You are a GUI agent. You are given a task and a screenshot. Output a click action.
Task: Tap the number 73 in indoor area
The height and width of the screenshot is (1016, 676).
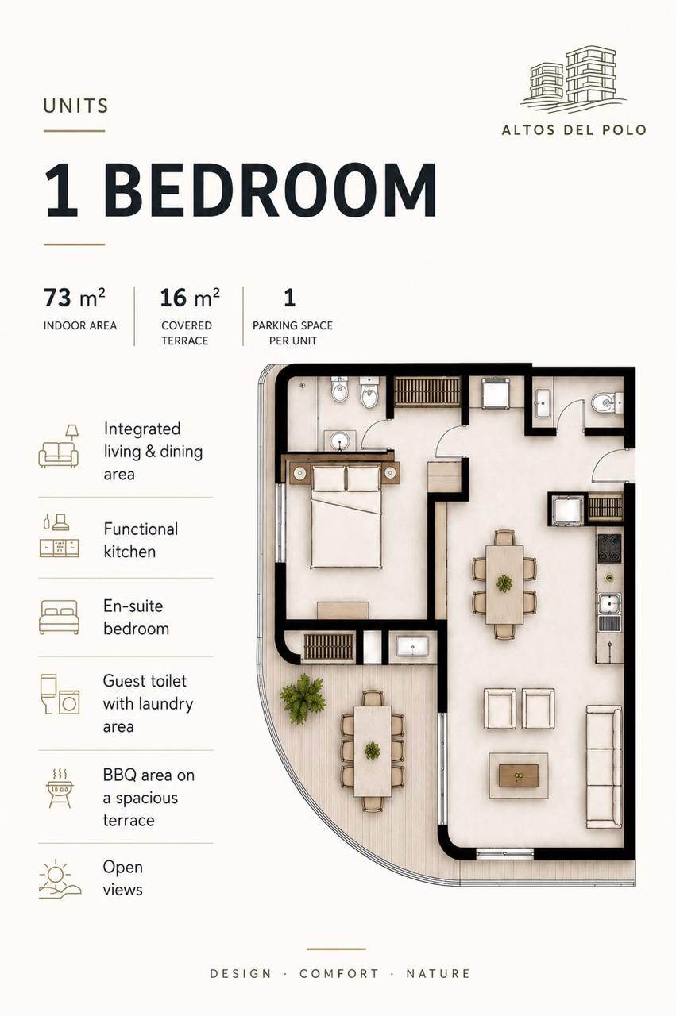pyautogui.click(x=57, y=298)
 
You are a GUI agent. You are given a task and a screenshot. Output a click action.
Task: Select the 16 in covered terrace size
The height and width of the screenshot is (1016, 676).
pyautogui.click(x=173, y=298)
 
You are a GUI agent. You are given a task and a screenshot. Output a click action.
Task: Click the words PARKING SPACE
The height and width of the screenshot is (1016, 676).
pyautogui.click(x=292, y=325)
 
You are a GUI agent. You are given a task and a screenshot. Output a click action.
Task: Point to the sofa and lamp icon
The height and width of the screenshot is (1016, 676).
pyautogui.click(x=59, y=446)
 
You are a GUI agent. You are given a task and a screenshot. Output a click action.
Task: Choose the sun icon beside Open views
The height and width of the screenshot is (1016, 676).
pyautogui.click(x=60, y=879)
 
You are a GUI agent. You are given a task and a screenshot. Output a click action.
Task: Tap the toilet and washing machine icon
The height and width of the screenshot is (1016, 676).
pyautogui.click(x=60, y=694)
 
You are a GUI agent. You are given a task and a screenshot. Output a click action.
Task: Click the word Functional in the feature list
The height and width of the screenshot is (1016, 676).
pyautogui.click(x=141, y=529)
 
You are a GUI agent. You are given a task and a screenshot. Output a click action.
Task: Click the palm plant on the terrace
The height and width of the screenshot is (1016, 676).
pyautogui.click(x=303, y=698)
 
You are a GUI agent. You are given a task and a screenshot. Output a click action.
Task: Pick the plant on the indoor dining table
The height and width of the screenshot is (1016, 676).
pyautogui.click(x=504, y=583)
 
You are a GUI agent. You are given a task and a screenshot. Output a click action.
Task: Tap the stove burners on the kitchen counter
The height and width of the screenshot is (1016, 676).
pyautogui.click(x=608, y=548)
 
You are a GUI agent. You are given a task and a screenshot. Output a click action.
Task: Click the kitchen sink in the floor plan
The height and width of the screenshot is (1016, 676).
pyautogui.click(x=608, y=604)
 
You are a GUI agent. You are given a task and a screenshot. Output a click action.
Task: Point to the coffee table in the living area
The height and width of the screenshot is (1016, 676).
pyautogui.click(x=519, y=775)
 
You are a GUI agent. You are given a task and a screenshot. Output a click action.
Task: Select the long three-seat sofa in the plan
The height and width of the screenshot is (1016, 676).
pyautogui.click(x=604, y=767)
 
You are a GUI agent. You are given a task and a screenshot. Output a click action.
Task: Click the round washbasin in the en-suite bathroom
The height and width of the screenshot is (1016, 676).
pyautogui.click(x=338, y=441)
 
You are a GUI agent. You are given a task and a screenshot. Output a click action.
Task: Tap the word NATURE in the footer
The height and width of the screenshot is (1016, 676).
pyautogui.click(x=438, y=973)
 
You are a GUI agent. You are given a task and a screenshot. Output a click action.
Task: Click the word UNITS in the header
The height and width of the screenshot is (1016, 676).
pyautogui.click(x=75, y=106)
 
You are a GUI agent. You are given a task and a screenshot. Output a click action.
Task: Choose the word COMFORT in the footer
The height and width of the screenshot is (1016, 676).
pyautogui.click(x=339, y=973)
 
